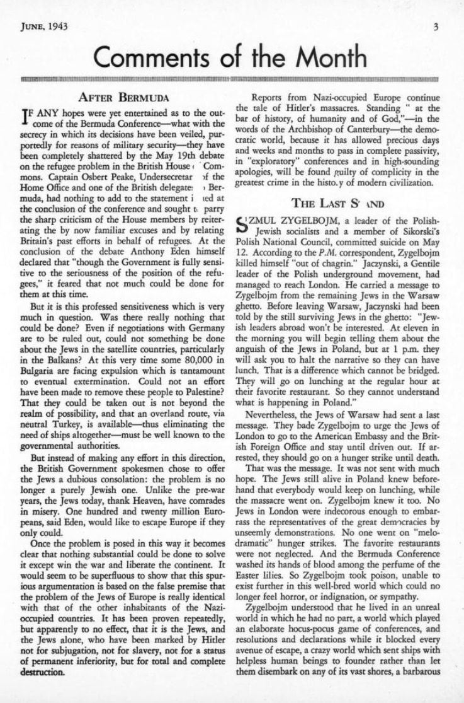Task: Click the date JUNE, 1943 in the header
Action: click(43, 26)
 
